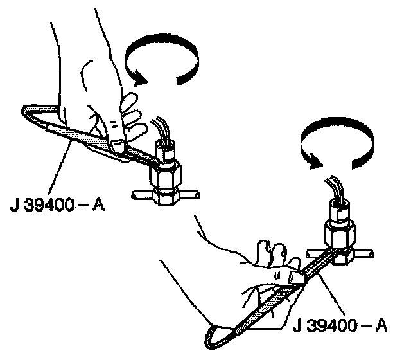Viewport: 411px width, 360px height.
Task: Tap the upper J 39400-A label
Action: (x=58, y=207)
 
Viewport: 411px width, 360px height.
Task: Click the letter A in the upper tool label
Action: (x=98, y=207)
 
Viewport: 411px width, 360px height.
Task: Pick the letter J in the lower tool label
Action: (x=297, y=326)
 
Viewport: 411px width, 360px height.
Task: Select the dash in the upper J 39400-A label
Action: (x=84, y=207)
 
